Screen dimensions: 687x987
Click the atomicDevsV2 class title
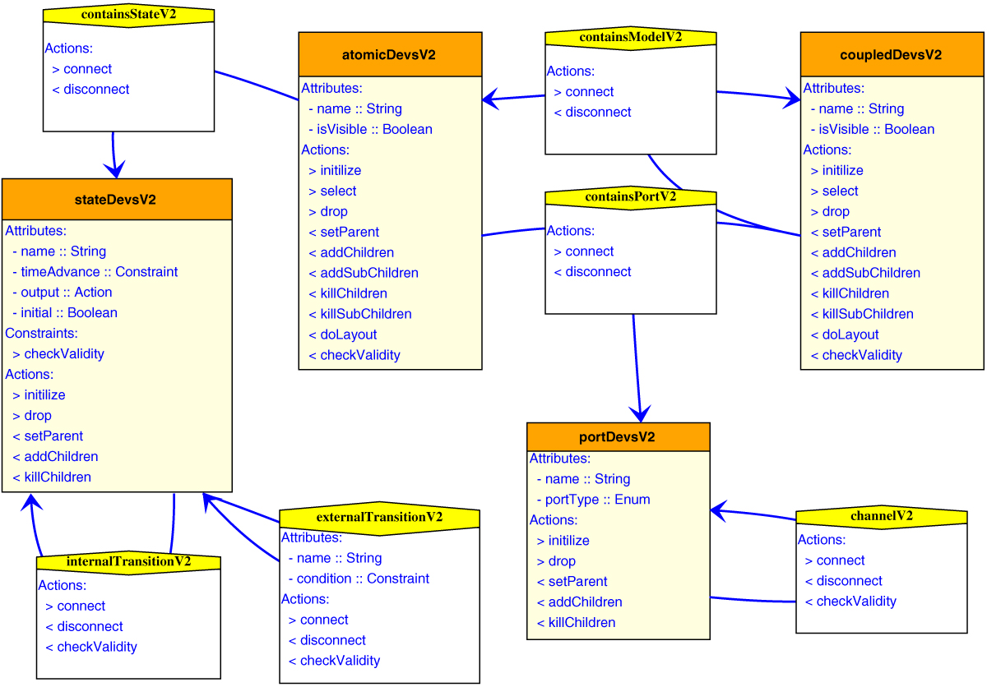[x=389, y=55]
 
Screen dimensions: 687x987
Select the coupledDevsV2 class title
[x=892, y=55]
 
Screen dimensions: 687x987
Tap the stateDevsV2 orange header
[x=116, y=200]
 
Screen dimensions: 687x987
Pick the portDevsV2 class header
[x=617, y=437]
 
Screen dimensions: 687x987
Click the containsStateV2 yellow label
[x=128, y=16]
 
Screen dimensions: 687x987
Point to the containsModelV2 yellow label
[x=630, y=38]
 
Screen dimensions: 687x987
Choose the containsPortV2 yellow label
[x=630, y=197]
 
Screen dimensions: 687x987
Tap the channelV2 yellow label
[x=881, y=517]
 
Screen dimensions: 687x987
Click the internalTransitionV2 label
[x=128, y=562]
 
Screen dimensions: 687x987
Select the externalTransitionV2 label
[x=379, y=518]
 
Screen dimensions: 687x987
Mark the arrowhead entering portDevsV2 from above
[x=640, y=413]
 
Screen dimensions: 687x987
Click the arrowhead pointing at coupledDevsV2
[x=791, y=99]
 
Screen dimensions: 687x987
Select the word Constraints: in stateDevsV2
[x=41, y=334]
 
